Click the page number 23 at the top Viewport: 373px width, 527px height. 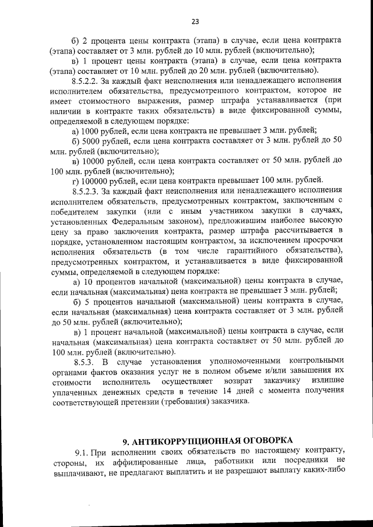point(195,22)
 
